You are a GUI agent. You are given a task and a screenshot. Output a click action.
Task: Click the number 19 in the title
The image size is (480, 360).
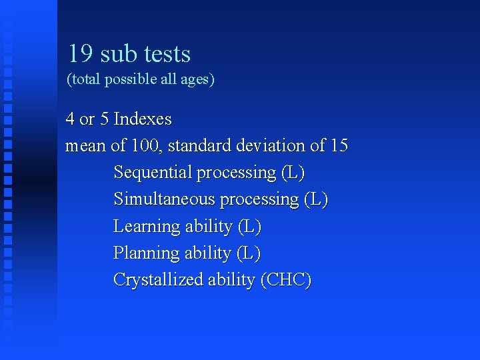pyautogui.click(x=80, y=54)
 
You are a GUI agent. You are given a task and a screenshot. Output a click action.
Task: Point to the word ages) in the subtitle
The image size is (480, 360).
pyautogui.click(x=198, y=80)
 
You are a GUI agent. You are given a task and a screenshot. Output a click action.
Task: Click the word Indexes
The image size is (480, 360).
pyautogui.click(x=143, y=119)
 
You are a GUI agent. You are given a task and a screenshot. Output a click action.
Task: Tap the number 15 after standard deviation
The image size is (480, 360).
pyautogui.click(x=339, y=145)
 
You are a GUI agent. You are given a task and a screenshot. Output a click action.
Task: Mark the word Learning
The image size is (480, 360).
pyautogui.click(x=147, y=227)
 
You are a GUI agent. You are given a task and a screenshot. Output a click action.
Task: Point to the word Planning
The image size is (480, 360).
pyautogui.click(x=147, y=253)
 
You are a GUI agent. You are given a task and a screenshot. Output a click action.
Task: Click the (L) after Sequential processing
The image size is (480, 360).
pyautogui.click(x=293, y=173)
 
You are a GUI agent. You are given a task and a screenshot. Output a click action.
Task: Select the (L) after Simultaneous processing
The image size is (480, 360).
pyautogui.click(x=316, y=199)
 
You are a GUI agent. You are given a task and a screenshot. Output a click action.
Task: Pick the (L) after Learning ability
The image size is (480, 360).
pyautogui.click(x=249, y=227)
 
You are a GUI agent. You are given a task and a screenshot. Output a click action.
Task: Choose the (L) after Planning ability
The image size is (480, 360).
pyautogui.click(x=249, y=253)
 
